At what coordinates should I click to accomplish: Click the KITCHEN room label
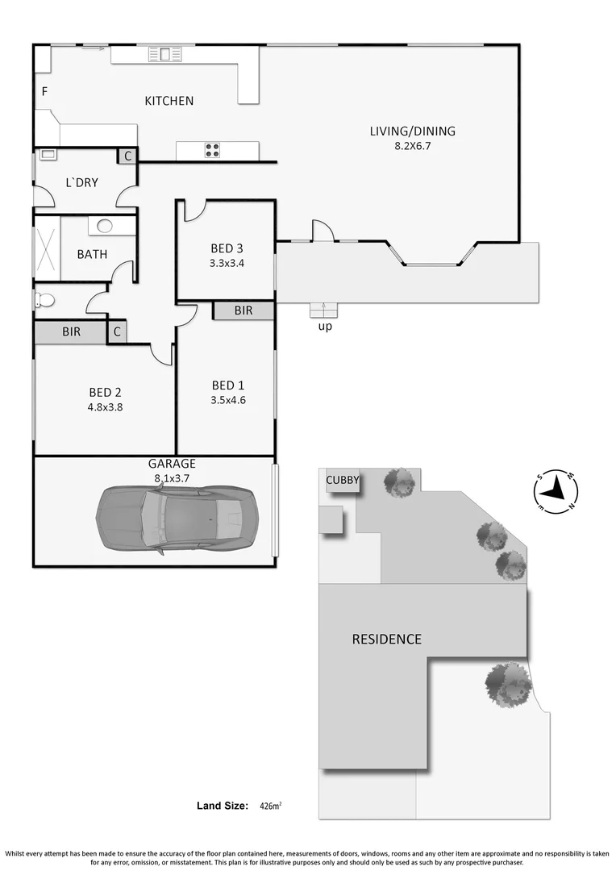pos(169,101)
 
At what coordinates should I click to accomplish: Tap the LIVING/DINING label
pos(412,131)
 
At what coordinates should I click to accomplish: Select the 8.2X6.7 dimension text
pos(412,147)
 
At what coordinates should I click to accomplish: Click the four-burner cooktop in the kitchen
pos(212,149)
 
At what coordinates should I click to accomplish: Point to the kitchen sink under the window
pos(165,54)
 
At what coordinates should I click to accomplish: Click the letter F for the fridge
pos(44,92)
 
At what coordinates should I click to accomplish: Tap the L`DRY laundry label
pos(81,183)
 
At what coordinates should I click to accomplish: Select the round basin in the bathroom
pos(106,226)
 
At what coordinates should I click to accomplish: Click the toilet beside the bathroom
pos(44,300)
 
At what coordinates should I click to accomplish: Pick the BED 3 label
pos(227,248)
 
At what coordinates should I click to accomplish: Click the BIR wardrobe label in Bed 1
pos(243,310)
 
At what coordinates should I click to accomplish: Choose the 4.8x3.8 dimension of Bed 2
pos(105,406)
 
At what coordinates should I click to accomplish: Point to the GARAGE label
pos(171,464)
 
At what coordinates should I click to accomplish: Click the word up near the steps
pos(325,327)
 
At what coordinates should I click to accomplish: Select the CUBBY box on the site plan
pos(342,481)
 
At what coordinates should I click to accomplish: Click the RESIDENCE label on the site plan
pos(386,640)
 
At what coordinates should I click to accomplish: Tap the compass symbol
pos(556,490)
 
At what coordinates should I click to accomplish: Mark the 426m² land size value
pos(269,806)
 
